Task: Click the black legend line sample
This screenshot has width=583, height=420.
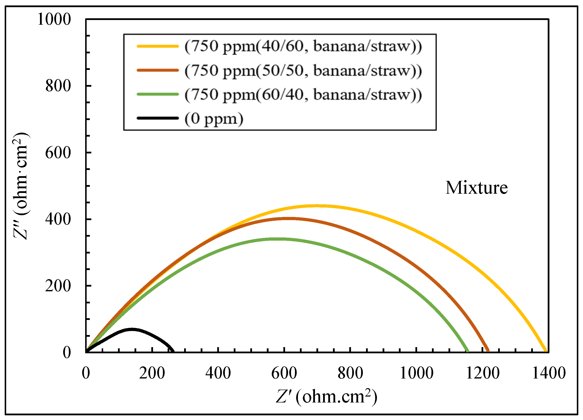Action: pos(157,118)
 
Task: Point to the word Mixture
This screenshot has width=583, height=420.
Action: pos(477,188)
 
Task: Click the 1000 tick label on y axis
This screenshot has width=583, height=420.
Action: pos(54,19)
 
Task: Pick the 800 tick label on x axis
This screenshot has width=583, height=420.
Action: pos(350,373)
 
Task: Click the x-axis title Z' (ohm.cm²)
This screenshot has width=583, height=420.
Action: pos(327,397)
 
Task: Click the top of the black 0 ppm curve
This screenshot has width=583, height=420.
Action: pos(132,329)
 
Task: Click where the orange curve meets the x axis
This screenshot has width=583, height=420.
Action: pos(488,351)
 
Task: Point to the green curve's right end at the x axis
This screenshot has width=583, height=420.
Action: pos(467,351)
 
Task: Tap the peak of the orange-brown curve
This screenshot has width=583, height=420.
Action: pos(289,219)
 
